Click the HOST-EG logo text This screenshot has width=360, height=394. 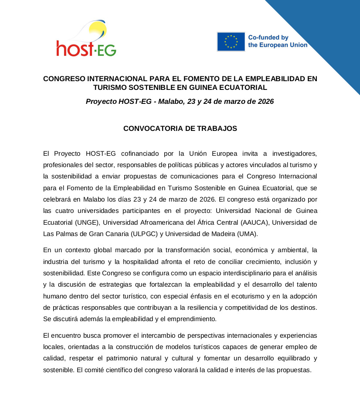[x=86, y=48]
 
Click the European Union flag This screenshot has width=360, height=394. [x=231, y=41]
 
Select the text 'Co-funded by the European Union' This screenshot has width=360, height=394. [x=278, y=41]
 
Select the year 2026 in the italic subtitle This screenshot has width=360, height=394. [x=265, y=102]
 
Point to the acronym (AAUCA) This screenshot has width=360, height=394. [x=255, y=222]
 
